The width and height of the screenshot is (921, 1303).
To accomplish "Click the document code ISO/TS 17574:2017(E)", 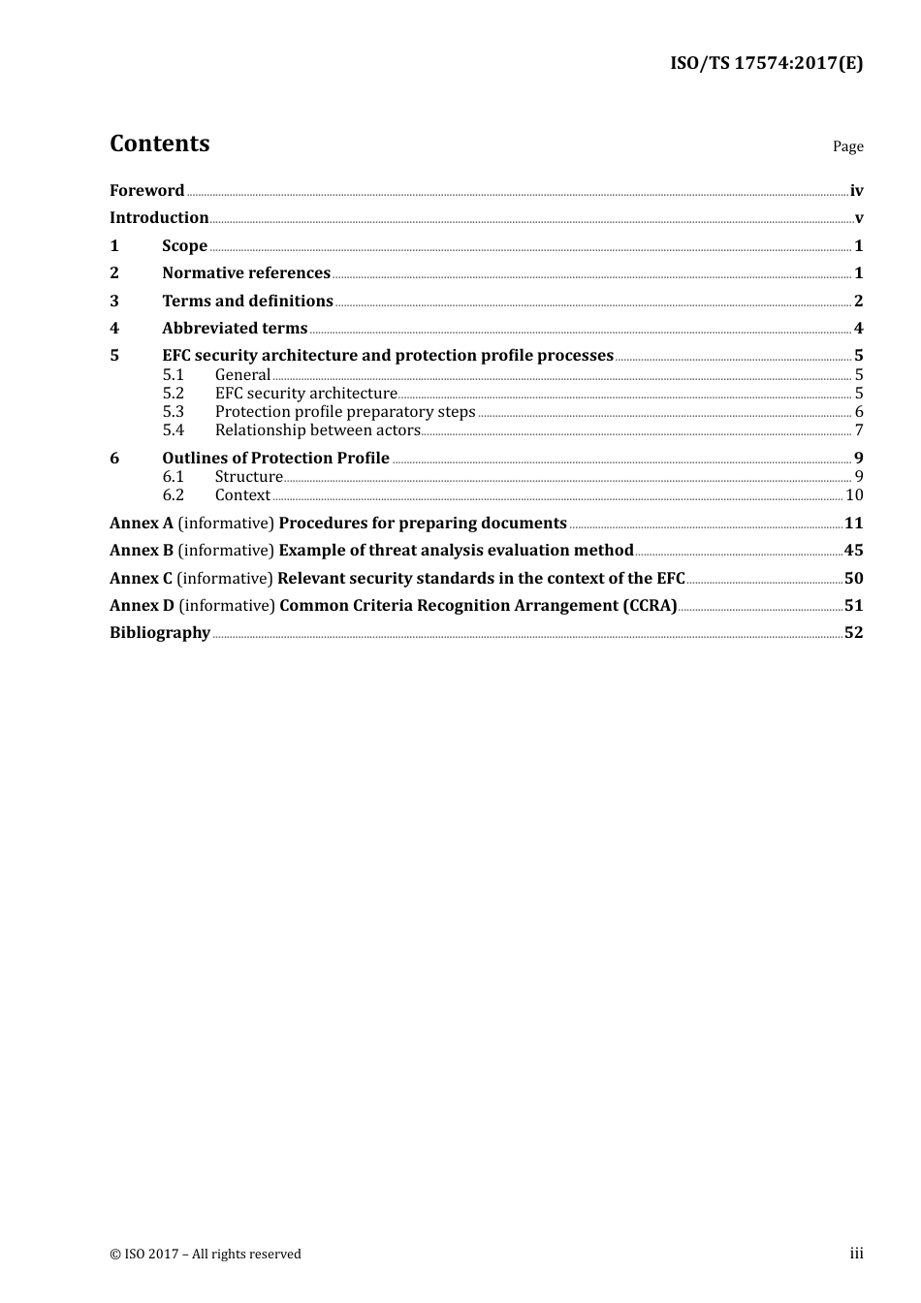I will pyautogui.click(x=766, y=64).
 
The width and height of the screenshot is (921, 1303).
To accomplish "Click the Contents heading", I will pyautogui.click(x=159, y=143).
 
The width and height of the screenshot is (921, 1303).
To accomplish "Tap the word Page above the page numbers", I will pyautogui.click(x=847, y=146).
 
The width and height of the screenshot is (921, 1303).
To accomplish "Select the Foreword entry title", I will pyautogui.click(x=146, y=191).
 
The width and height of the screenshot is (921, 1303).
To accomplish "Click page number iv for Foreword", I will pyautogui.click(x=856, y=191).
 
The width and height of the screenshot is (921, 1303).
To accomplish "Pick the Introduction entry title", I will pyautogui.click(x=159, y=218).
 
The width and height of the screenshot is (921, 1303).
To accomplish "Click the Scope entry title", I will pyautogui.click(x=184, y=246).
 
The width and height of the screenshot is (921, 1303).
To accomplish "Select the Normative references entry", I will pyautogui.click(x=246, y=273).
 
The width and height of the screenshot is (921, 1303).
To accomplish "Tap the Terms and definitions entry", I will pyautogui.click(x=247, y=302).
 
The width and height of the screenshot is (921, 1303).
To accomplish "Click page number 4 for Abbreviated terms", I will pyautogui.click(x=858, y=329).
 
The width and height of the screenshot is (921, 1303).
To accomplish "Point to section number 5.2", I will pyautogui.click(x=173, y=394).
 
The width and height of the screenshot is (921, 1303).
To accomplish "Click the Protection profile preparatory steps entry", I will pyautogui.click(x=345, y=412).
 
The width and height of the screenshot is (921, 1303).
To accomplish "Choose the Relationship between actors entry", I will pyautogui.click(x=318, y=430).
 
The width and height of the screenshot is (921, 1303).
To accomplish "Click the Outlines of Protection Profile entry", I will pyautogui.click(x=275, y=459).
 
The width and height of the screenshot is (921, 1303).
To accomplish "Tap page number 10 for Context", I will pyautogui.click(x=854, y=495).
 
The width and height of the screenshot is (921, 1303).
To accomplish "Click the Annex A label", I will pyautogui.click(x=142, y=524).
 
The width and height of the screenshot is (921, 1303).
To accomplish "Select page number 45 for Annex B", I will pyautogui.click(x=853, y=551).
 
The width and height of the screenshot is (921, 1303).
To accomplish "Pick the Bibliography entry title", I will pyautogui.click(x=160, y=633).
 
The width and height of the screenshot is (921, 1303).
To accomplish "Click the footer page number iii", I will pyautogui.click(x=856, y=1254).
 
